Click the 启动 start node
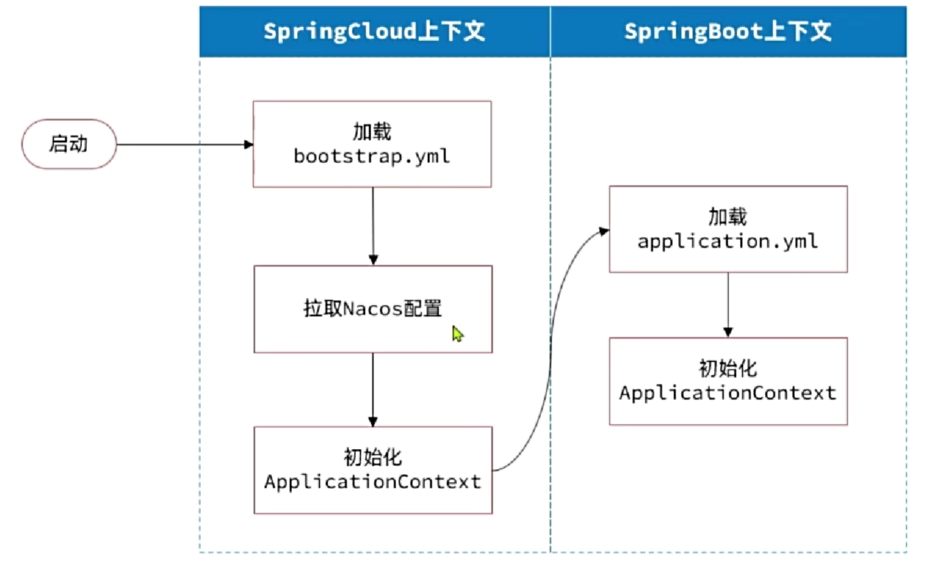[69, 144]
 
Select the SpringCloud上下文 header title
[374, 32]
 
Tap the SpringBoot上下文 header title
[728, 32]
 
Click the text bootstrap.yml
[372, 156]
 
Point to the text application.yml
[728, 241]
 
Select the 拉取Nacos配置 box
[373, 309]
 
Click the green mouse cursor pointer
[457, 333]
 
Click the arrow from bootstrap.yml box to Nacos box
[373, 226]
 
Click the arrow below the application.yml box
[728, 304]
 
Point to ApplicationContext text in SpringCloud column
[373, 482]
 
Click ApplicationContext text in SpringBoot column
[728, 393]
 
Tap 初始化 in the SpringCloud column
[373, 458]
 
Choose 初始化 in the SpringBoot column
[728, 369]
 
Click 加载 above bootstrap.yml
[372, 132]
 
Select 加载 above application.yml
[728, 217]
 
